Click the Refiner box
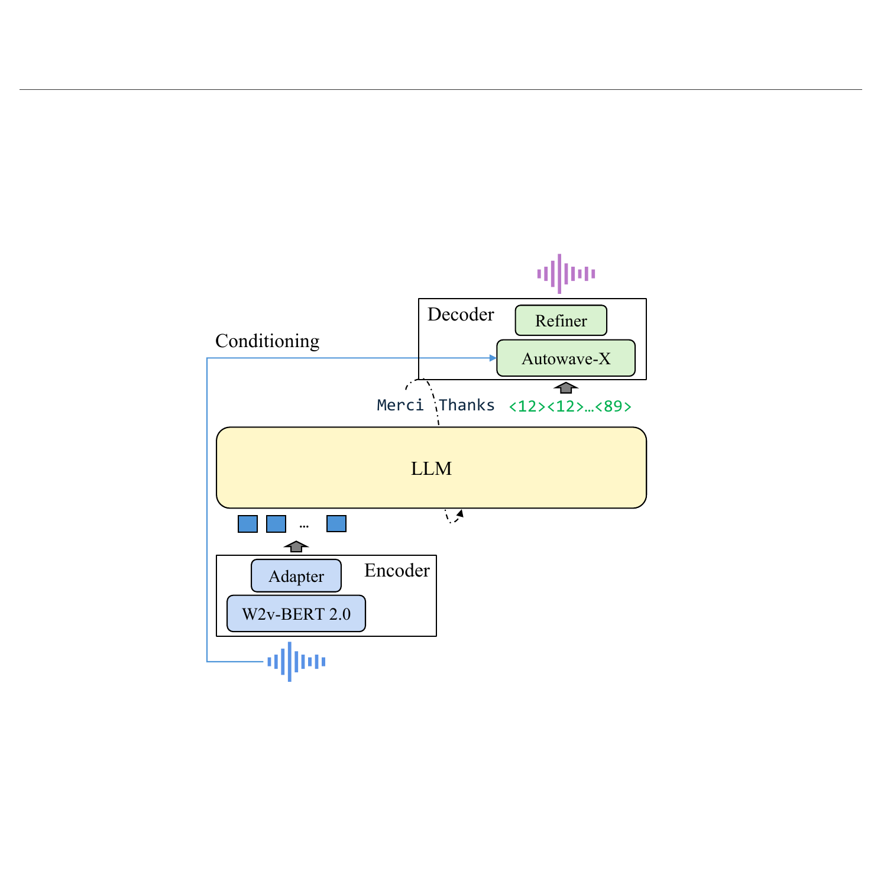(561, 321)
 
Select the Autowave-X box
(566, 358)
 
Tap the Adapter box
(296, 576)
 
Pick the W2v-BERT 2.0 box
(296, 614)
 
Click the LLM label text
(431, 469)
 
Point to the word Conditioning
(267, 341)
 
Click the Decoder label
(461, 314)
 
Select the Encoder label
(397, 571)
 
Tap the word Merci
(400, 405)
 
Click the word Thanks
(467, 405)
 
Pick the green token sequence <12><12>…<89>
(570, 406)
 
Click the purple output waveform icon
(566, 274)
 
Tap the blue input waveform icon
(296, 662)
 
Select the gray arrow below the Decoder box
(566, 388)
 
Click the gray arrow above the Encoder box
(296, 546)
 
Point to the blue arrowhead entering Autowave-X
(493, 358)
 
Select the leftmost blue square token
(248, 524)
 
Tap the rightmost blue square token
(336, 524)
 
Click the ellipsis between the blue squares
(304, 526)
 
